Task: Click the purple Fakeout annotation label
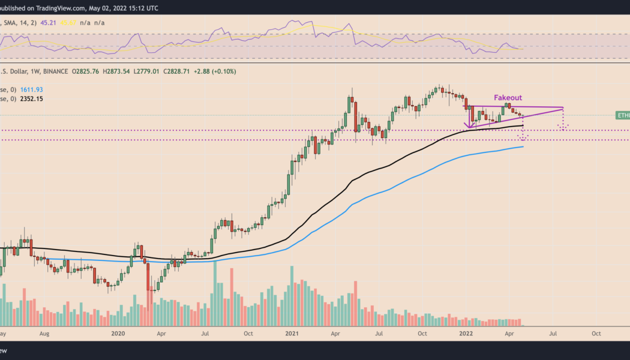pos(508,97)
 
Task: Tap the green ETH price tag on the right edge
pos(623,115)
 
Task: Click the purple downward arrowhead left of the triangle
pos(467,125)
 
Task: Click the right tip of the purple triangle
pos(563,108)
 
